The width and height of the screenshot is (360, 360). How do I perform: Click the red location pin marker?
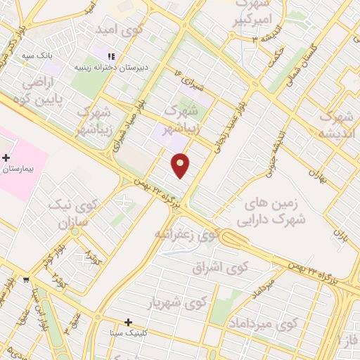(181, 165)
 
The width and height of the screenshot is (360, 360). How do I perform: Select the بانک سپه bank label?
(37, 54)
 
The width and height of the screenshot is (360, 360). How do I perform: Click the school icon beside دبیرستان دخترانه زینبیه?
(112, 57)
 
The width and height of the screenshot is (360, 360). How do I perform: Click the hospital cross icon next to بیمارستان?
(6, 157)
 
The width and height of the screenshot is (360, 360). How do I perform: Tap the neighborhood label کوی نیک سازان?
(63, 214)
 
